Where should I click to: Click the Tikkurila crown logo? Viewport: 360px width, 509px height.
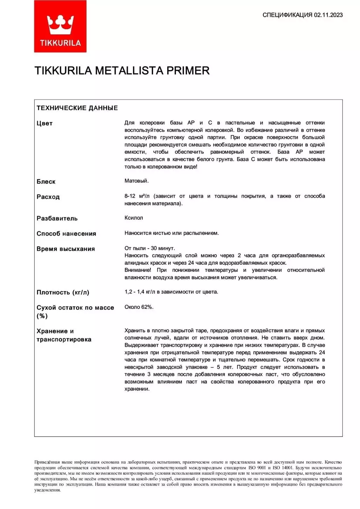tap(60, 27)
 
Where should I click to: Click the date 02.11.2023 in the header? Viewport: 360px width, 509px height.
tap(328, 15)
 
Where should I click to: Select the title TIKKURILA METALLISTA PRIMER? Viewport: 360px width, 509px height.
tap(122, 71)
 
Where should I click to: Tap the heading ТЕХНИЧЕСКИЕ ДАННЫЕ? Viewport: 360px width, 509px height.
tap(77, 108)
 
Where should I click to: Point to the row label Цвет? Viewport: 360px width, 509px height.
tap(45, 123)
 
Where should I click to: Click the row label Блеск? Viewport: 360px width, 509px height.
tap(46, 182)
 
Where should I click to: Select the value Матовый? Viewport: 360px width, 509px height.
tap(136, 181)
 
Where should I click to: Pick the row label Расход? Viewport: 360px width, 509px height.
tap(48, 197)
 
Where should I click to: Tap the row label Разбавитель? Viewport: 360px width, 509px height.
tap(57, 218)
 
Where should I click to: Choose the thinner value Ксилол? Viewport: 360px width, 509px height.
tap(134, 218)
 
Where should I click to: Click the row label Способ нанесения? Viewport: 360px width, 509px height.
tap(66, 233)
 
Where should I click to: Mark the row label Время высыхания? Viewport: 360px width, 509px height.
tap(66, 249)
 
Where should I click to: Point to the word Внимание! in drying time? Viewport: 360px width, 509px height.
tap(138, 270)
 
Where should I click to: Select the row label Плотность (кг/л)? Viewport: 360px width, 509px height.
tap(63, 292)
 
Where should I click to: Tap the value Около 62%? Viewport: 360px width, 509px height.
tap(139, 307)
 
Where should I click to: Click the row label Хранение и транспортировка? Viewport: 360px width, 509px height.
tap(64, 335)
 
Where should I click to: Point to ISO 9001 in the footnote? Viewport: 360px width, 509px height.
tap(257, 468)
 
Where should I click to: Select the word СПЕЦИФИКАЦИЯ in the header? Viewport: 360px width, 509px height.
tap(287, 15)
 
